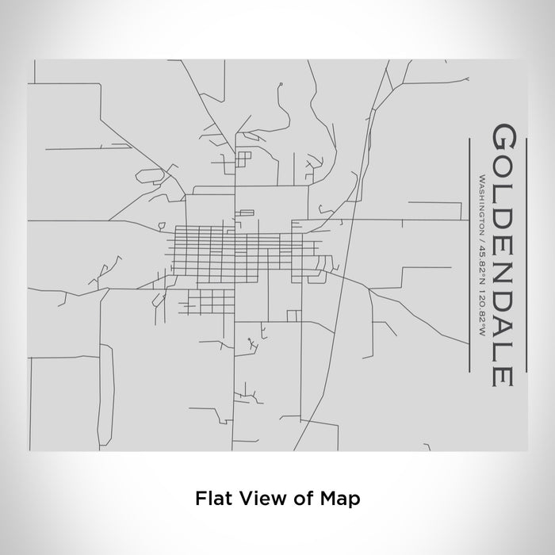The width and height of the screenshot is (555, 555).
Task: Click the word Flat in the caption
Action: click(210, 499)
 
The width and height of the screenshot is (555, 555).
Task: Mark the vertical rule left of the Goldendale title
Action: click(471, 254)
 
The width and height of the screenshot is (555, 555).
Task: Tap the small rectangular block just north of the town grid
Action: click(247, 212)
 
